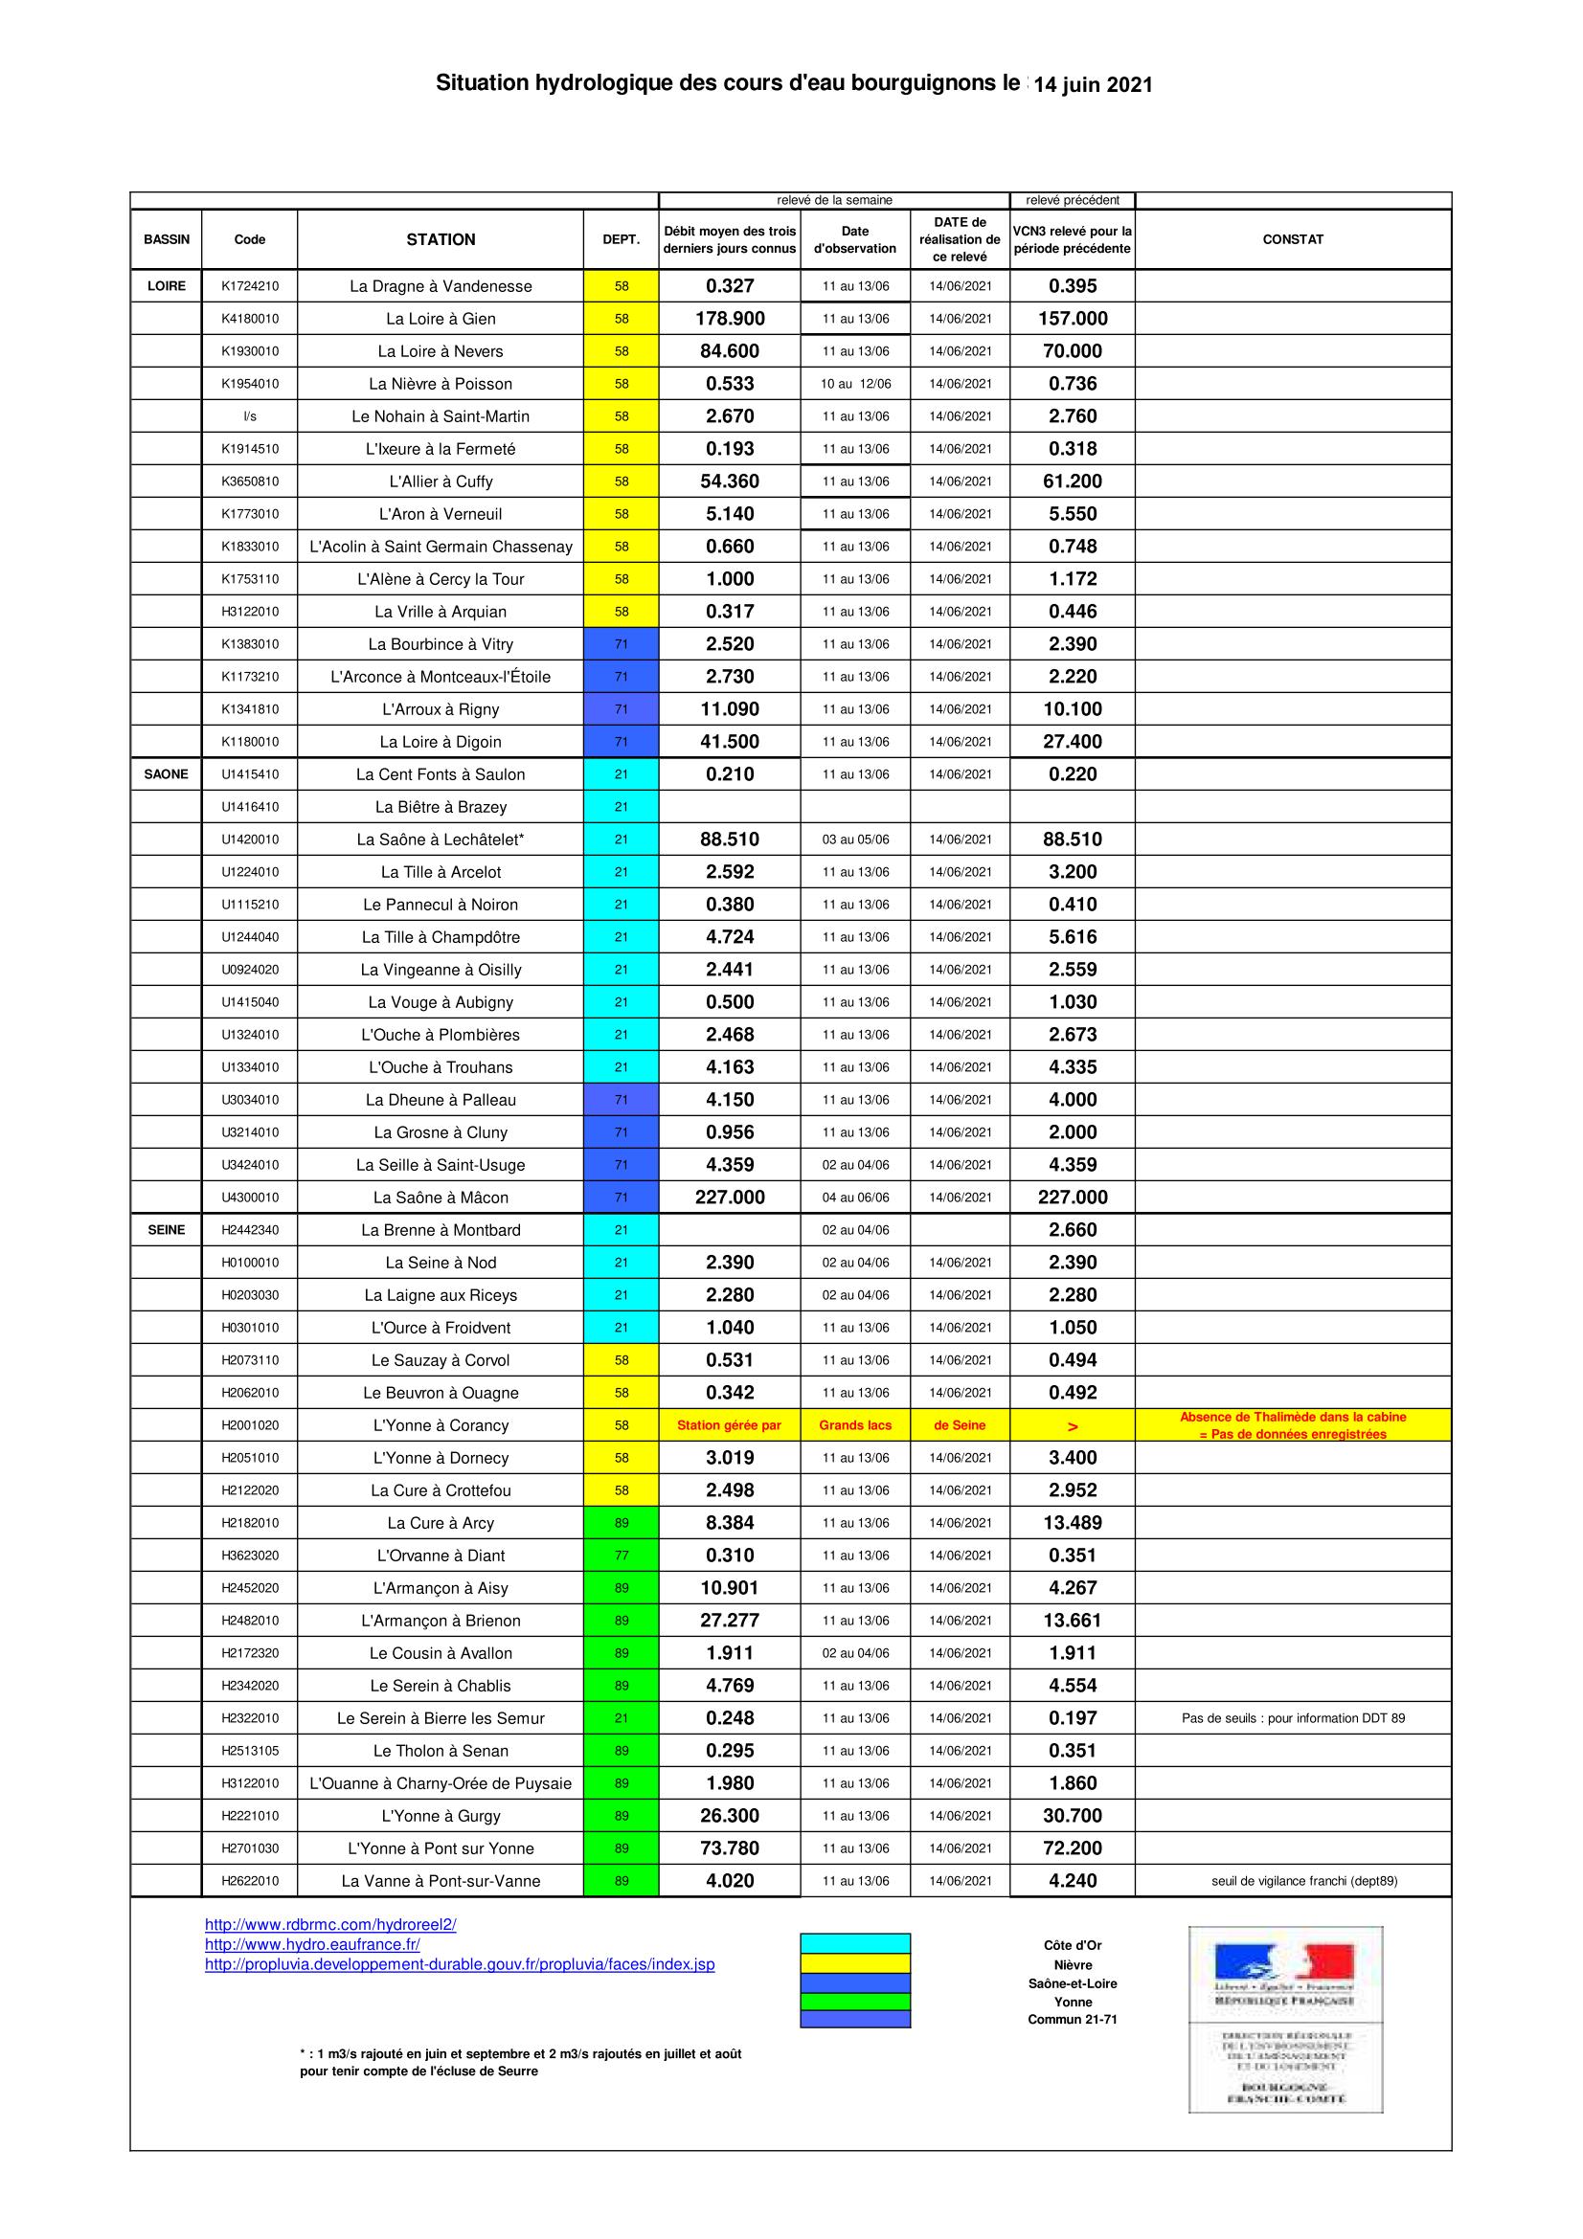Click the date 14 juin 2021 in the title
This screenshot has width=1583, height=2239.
1093,85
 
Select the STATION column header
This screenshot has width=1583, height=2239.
441,240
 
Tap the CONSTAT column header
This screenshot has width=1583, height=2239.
1292,240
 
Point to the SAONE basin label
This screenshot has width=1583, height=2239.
166,774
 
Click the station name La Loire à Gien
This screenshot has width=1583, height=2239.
441,319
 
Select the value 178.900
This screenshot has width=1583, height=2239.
730,319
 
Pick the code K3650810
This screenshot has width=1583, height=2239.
250,481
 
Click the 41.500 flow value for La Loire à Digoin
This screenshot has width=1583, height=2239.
730,742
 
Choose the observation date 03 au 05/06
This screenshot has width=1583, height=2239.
855,840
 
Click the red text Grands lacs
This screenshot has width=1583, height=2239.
855,1425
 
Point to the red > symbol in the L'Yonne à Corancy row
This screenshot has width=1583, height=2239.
1073,1426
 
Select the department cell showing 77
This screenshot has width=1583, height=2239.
622,1556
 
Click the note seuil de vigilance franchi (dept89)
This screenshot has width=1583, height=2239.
1304,1881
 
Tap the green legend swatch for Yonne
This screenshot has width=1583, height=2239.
855,2001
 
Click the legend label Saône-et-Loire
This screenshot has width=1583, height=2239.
1072,1983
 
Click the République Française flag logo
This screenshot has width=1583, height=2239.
1284,1963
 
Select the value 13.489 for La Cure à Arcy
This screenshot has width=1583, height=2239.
1073,1523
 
